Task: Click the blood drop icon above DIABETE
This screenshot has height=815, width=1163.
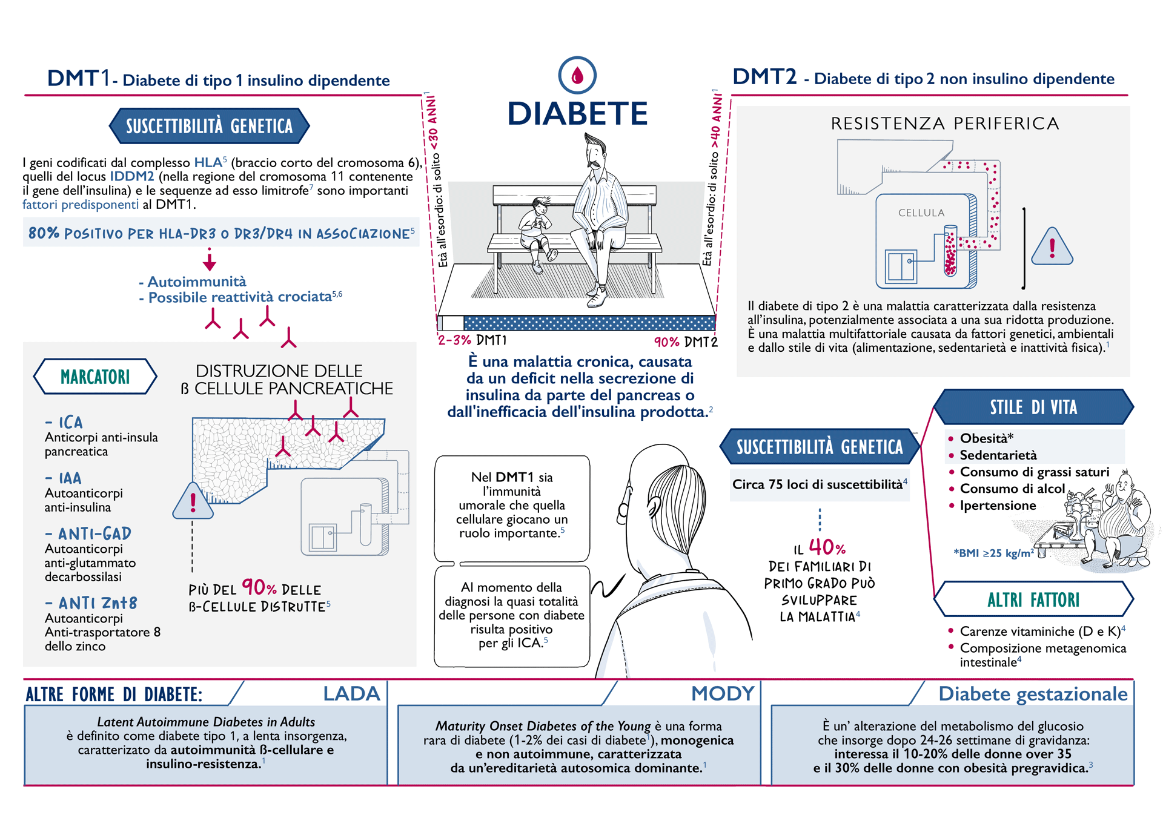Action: (577, 75)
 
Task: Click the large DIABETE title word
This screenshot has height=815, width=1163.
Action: (577, 114)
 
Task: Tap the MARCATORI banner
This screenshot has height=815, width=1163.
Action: (95, 377)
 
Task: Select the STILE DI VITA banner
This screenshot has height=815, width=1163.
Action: (1033, 407)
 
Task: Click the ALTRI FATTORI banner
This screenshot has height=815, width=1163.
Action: (1033, 599)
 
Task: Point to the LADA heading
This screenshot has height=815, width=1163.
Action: (351, 693)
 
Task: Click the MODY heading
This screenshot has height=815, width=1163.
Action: (723, 693)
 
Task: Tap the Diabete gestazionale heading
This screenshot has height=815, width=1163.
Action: (1033, 694)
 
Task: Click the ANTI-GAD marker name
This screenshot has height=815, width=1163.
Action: (88, 533)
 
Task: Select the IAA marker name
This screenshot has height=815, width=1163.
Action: (64, 478)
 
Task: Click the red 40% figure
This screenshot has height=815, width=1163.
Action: (827, 547)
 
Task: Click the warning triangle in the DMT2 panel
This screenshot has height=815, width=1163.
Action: (1052, 247)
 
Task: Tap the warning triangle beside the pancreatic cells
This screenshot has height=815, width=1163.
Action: (193, 501)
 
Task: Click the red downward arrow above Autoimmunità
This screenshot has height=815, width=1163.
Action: (210, 259)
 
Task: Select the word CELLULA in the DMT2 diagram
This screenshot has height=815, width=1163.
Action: (921, 213)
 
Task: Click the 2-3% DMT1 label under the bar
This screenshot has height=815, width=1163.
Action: (472, 340)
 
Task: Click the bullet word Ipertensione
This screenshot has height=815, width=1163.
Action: (998, 506)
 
